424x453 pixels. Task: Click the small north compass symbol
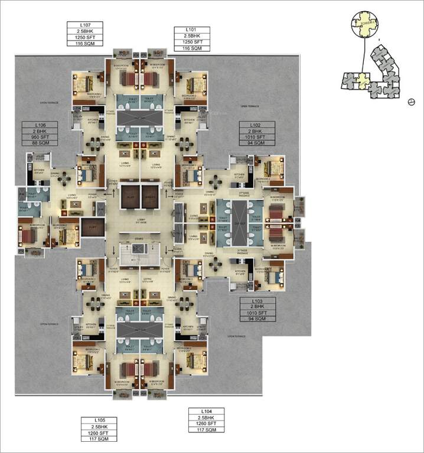[x=412, y=101]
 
